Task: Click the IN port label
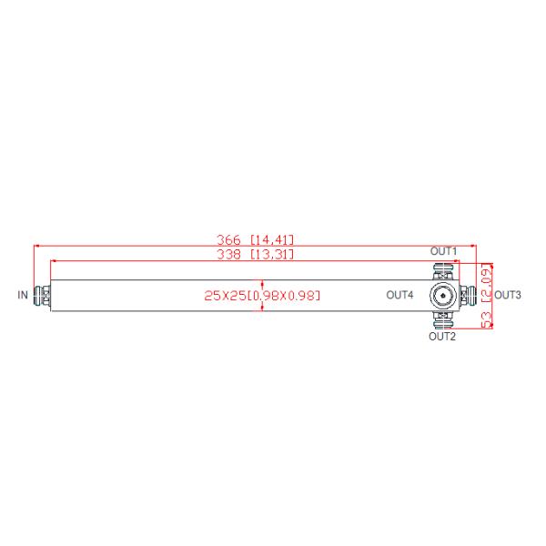tap(23, 295)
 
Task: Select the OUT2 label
tap(442, 337)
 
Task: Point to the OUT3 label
tap(508, 295)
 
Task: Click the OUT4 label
tap(399, 295)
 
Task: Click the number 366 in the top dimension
tap(228, 239)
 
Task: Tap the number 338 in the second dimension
tap(228, 254)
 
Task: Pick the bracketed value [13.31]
tap(271, 254)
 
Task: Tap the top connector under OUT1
tap(443, 270)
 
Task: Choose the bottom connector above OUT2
tap(443, 319)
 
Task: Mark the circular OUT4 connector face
tap(443, 295)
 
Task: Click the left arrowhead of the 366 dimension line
tap(37, 245)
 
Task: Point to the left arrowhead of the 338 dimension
tap(54, 260)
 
